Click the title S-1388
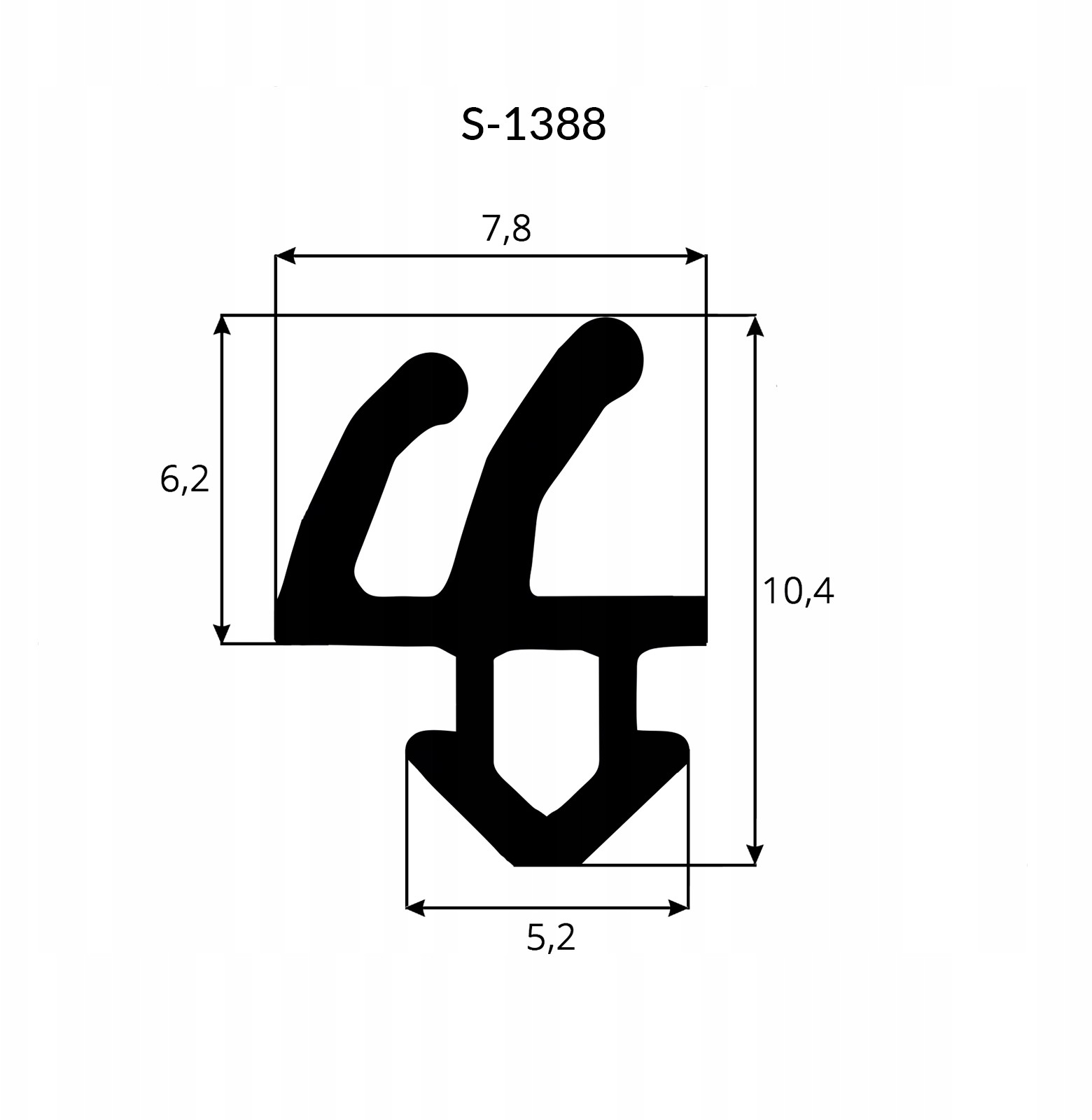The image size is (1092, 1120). [x=533, y=125]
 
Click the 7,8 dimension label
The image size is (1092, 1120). [x=506, y=227]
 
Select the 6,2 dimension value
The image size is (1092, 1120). [x=184, y=479]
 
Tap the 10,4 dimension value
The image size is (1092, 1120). [x=798, y=591]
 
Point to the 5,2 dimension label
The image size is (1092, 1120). [x=551, y=937]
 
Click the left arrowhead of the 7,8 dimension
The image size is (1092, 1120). [x=286, y=256]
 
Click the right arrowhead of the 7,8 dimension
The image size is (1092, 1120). [x=695, y=256]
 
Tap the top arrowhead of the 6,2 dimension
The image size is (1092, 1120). [x=222, y=325]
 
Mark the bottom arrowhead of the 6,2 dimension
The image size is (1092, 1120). [x=222, y=633]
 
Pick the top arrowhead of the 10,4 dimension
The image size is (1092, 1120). [x=755, y=326]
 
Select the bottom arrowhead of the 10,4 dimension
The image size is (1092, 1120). [x=755, y=854]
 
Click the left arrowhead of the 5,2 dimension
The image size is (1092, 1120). [x=416, y=908]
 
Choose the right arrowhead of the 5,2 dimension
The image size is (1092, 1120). [x=678, y=908]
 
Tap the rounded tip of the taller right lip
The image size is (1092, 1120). [x=610, y=350]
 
